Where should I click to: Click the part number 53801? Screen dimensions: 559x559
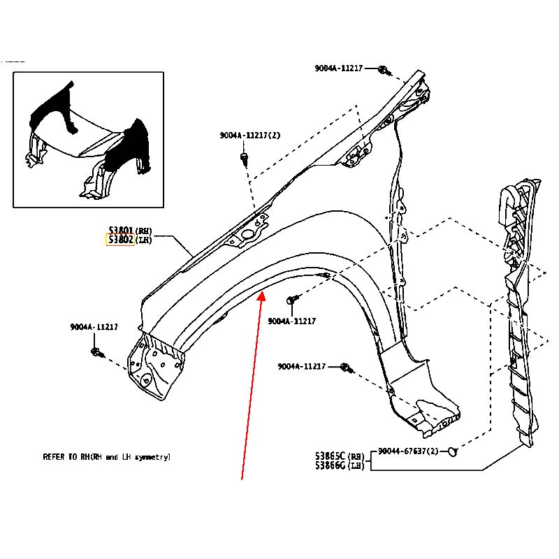point(120,231)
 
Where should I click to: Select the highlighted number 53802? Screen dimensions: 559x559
point(120,240)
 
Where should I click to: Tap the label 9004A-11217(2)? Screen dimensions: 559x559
point(249,136)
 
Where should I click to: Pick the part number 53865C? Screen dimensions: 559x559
point(331,455)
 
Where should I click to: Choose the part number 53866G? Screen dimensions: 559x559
point(331,465)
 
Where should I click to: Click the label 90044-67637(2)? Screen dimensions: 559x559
point(408,451)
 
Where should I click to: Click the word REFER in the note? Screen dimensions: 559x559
point(54,457)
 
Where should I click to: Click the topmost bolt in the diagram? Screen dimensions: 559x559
point(384,70)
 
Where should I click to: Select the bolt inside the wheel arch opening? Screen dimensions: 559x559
point(291,300)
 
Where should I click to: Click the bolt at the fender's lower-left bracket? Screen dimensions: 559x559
point(97,351)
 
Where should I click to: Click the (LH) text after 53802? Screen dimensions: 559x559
point(143,240)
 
